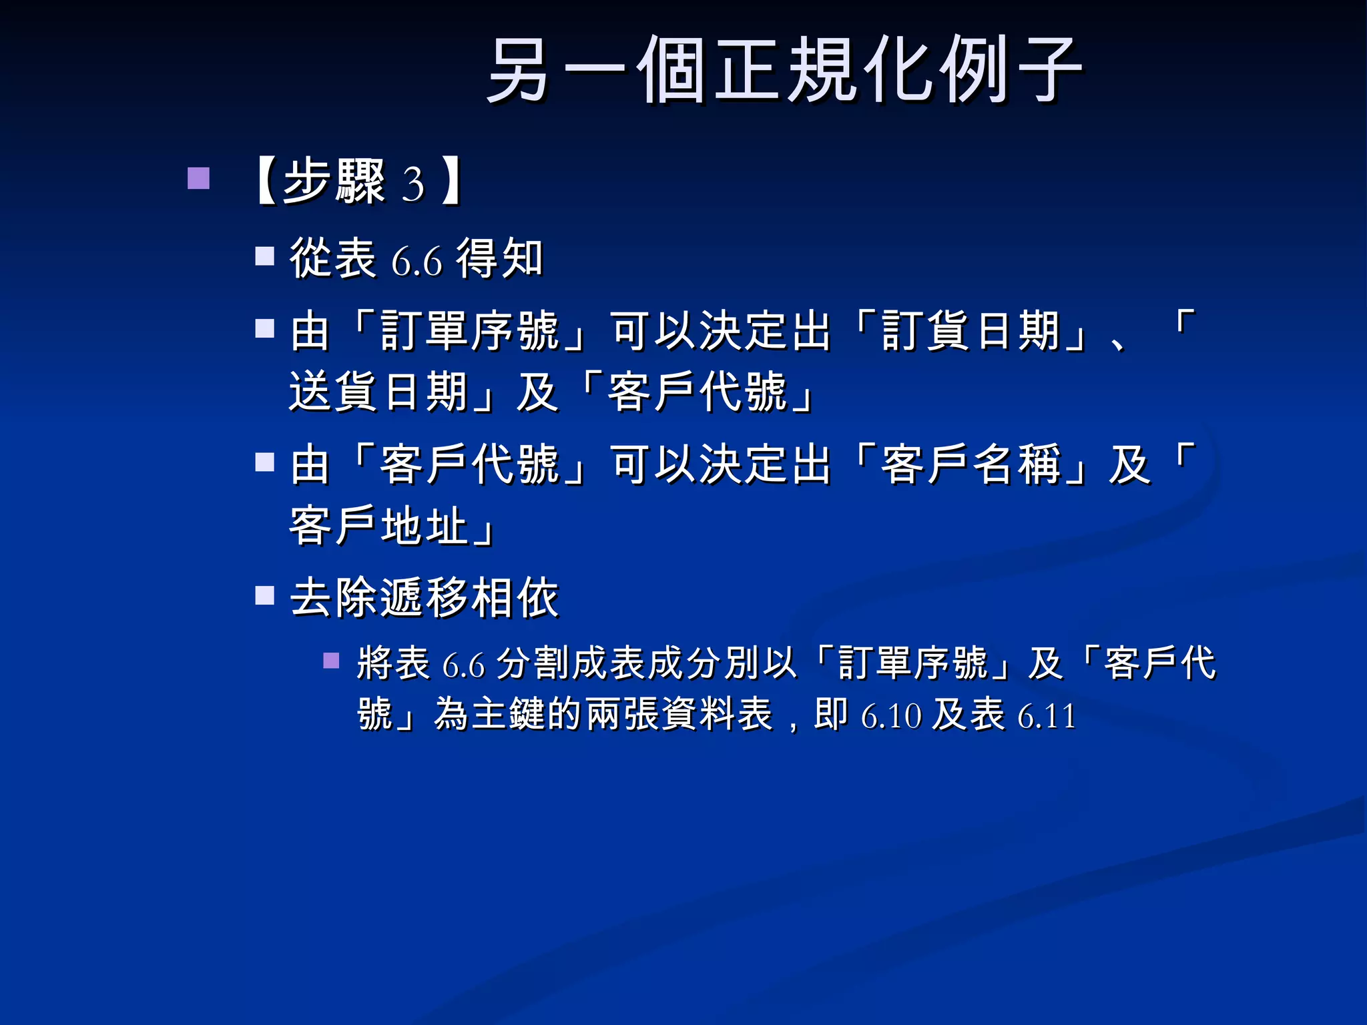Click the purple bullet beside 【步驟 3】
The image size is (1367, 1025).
[198, 178]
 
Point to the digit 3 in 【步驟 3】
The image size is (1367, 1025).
[413, 185]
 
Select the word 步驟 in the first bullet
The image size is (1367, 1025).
[334, 181]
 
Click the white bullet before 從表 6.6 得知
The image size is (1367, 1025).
[265, 256]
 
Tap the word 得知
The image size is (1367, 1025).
[499, 258]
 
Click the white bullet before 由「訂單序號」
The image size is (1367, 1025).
[265, 328]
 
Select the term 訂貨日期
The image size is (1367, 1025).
[971, 331]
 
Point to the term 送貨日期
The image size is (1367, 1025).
[378, 392]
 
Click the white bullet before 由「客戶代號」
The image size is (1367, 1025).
[265, 462]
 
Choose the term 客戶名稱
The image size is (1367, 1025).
[971, 464]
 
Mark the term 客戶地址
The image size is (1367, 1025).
[378, 526]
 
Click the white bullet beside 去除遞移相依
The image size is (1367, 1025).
[265, 595]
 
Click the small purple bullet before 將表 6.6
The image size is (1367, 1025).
[331, 661]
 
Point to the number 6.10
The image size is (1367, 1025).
[891, 717]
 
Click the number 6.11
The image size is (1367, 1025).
[1047, 717]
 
